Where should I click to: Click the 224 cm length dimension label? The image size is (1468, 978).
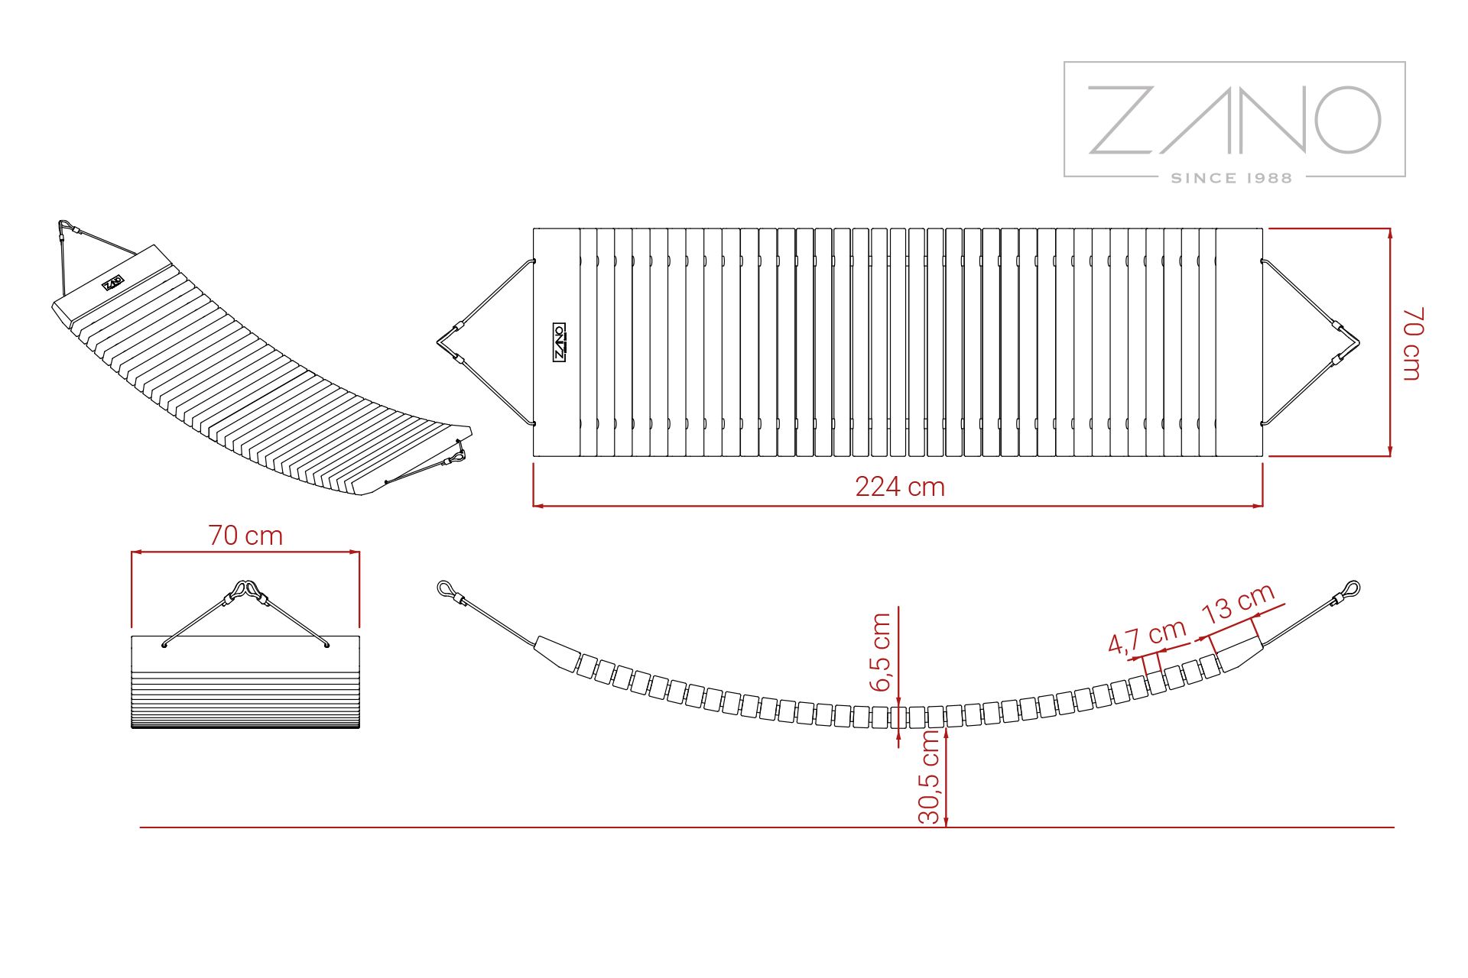[899, 487]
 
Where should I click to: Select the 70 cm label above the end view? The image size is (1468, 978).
[245, 536]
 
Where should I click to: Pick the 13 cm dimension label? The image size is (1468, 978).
[1238, 604]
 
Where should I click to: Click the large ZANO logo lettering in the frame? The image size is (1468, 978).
[1234, 120]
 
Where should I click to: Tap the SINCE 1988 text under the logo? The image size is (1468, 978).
[1232, 178]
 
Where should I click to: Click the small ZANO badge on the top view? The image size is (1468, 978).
[559, 342]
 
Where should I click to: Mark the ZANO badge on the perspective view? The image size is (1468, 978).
[113, 283]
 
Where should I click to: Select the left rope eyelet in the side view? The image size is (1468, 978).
[445, 588]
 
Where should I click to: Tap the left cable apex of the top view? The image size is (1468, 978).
[440, 342]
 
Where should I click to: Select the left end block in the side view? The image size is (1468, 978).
[558, 653]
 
